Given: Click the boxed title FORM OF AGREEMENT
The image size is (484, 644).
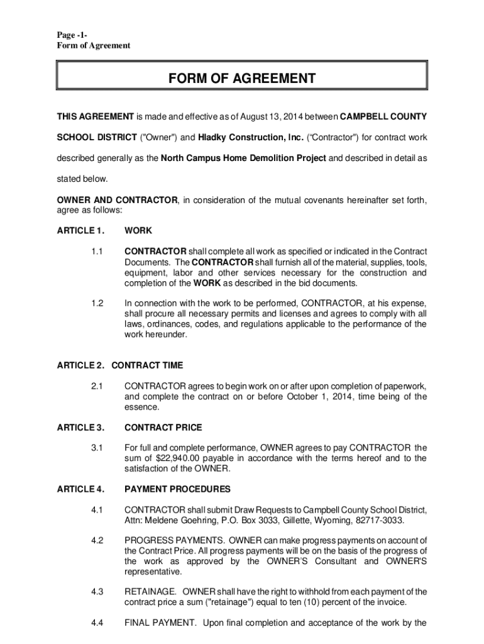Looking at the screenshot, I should tap(241, 79).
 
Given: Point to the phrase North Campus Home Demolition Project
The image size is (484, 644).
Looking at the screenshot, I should tap(243, 158).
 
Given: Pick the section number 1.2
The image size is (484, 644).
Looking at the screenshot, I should tap(96, 304).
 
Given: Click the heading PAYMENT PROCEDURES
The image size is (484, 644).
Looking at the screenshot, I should tap(177, 489).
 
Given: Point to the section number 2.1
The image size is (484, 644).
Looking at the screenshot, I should tap(96, 386).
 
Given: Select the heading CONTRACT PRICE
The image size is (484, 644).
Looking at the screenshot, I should tap(163, 428).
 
